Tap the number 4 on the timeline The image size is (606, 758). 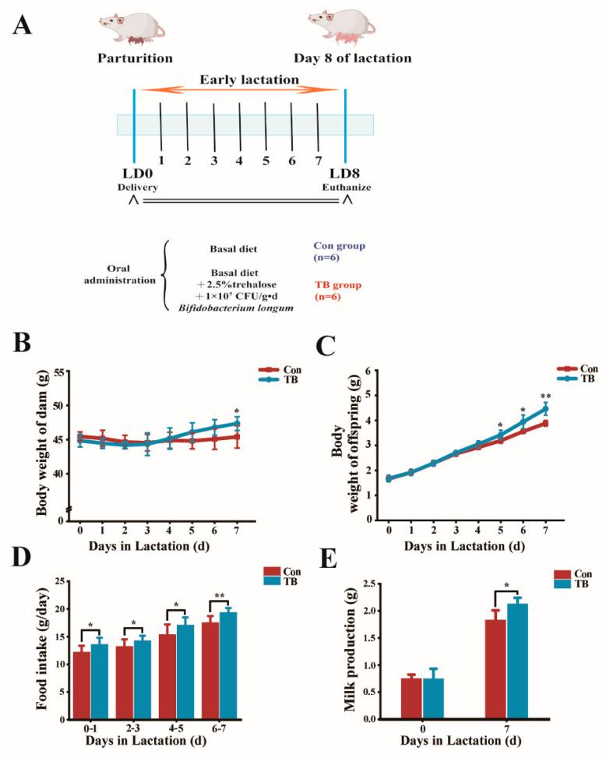pyautogui.click(x=239, y=161)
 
